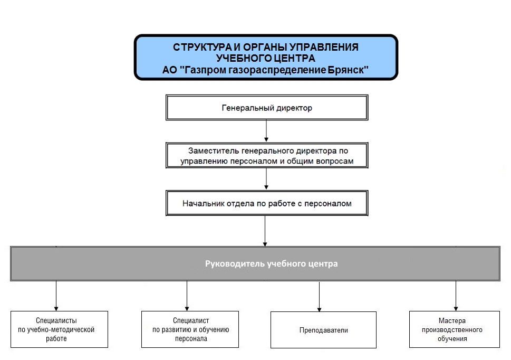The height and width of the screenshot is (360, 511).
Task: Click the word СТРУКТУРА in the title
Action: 202,48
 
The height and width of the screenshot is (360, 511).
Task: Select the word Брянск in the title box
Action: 348,70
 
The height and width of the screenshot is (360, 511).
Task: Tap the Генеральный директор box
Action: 267,108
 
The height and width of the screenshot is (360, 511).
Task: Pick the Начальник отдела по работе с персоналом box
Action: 267,203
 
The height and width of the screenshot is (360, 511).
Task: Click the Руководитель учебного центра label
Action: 271,263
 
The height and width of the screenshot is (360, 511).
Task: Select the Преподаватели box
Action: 323,330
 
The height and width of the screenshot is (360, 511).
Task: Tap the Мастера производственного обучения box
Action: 454,329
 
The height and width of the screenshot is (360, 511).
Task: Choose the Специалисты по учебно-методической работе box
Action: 59,329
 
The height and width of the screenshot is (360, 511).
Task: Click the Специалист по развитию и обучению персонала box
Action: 190,329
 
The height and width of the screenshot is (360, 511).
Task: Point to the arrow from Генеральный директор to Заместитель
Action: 266,131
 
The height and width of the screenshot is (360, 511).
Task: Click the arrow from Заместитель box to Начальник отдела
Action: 266,179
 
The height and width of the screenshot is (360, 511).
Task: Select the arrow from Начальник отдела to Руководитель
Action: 265,231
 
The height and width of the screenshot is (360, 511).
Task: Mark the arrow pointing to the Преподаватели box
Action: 320,297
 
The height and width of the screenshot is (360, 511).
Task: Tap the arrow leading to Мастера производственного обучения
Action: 456,296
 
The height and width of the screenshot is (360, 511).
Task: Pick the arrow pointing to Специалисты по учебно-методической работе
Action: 56,296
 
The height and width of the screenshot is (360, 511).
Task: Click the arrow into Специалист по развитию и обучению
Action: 187,296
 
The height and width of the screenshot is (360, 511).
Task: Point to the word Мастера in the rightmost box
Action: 452,320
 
